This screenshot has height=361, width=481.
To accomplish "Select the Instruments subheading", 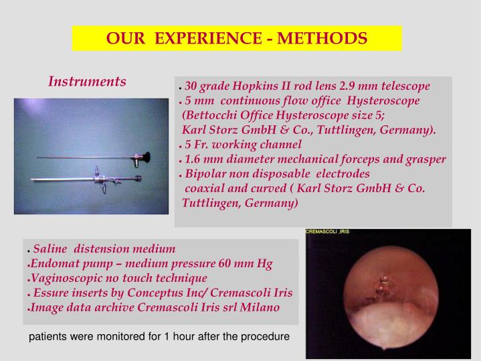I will click(87, 82).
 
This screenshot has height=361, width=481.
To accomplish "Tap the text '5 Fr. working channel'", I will click(243, 144).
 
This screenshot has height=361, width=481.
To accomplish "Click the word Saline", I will click(51, 248).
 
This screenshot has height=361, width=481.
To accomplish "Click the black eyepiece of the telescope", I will click(142, 159).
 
